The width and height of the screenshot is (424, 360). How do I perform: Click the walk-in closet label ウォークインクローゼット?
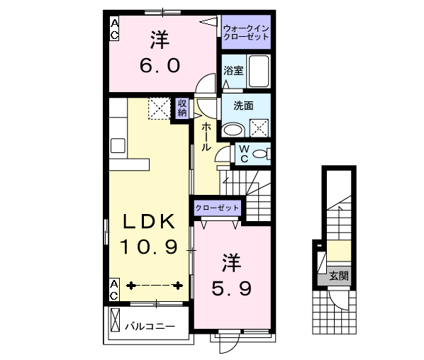pos(246,33)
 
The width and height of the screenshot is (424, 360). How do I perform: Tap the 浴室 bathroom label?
pos(233,71)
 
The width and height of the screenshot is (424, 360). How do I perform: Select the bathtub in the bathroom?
pos(259,71)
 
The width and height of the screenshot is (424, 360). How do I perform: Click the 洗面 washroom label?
pos(243,106)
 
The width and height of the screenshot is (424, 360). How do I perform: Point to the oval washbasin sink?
pos(233,130)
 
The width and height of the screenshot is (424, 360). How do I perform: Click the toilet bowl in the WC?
pos(260,154)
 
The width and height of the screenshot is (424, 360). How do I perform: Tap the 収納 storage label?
pos(182,108)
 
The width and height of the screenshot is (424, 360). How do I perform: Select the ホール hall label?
pos(206,137)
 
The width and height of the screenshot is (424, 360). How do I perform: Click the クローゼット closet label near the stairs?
pos(217,208)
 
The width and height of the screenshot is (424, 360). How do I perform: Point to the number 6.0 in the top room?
pos(160,66)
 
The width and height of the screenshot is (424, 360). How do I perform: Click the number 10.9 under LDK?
pos(149,247)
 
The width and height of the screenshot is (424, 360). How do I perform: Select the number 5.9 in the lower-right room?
pos(231,288)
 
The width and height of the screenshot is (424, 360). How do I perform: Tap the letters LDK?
pos(149,222)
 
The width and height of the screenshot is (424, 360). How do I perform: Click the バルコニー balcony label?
pos(150,327)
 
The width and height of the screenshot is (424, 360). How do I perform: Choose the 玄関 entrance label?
pos(339,276)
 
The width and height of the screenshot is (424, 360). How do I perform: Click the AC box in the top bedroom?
pos(114,28)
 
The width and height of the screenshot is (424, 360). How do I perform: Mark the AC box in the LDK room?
pos(114,289)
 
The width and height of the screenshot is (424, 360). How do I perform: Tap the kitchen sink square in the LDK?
pos(118,146)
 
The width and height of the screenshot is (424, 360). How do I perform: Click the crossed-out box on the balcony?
pos(116,320)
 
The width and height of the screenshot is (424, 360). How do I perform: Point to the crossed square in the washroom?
pos(259,128)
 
